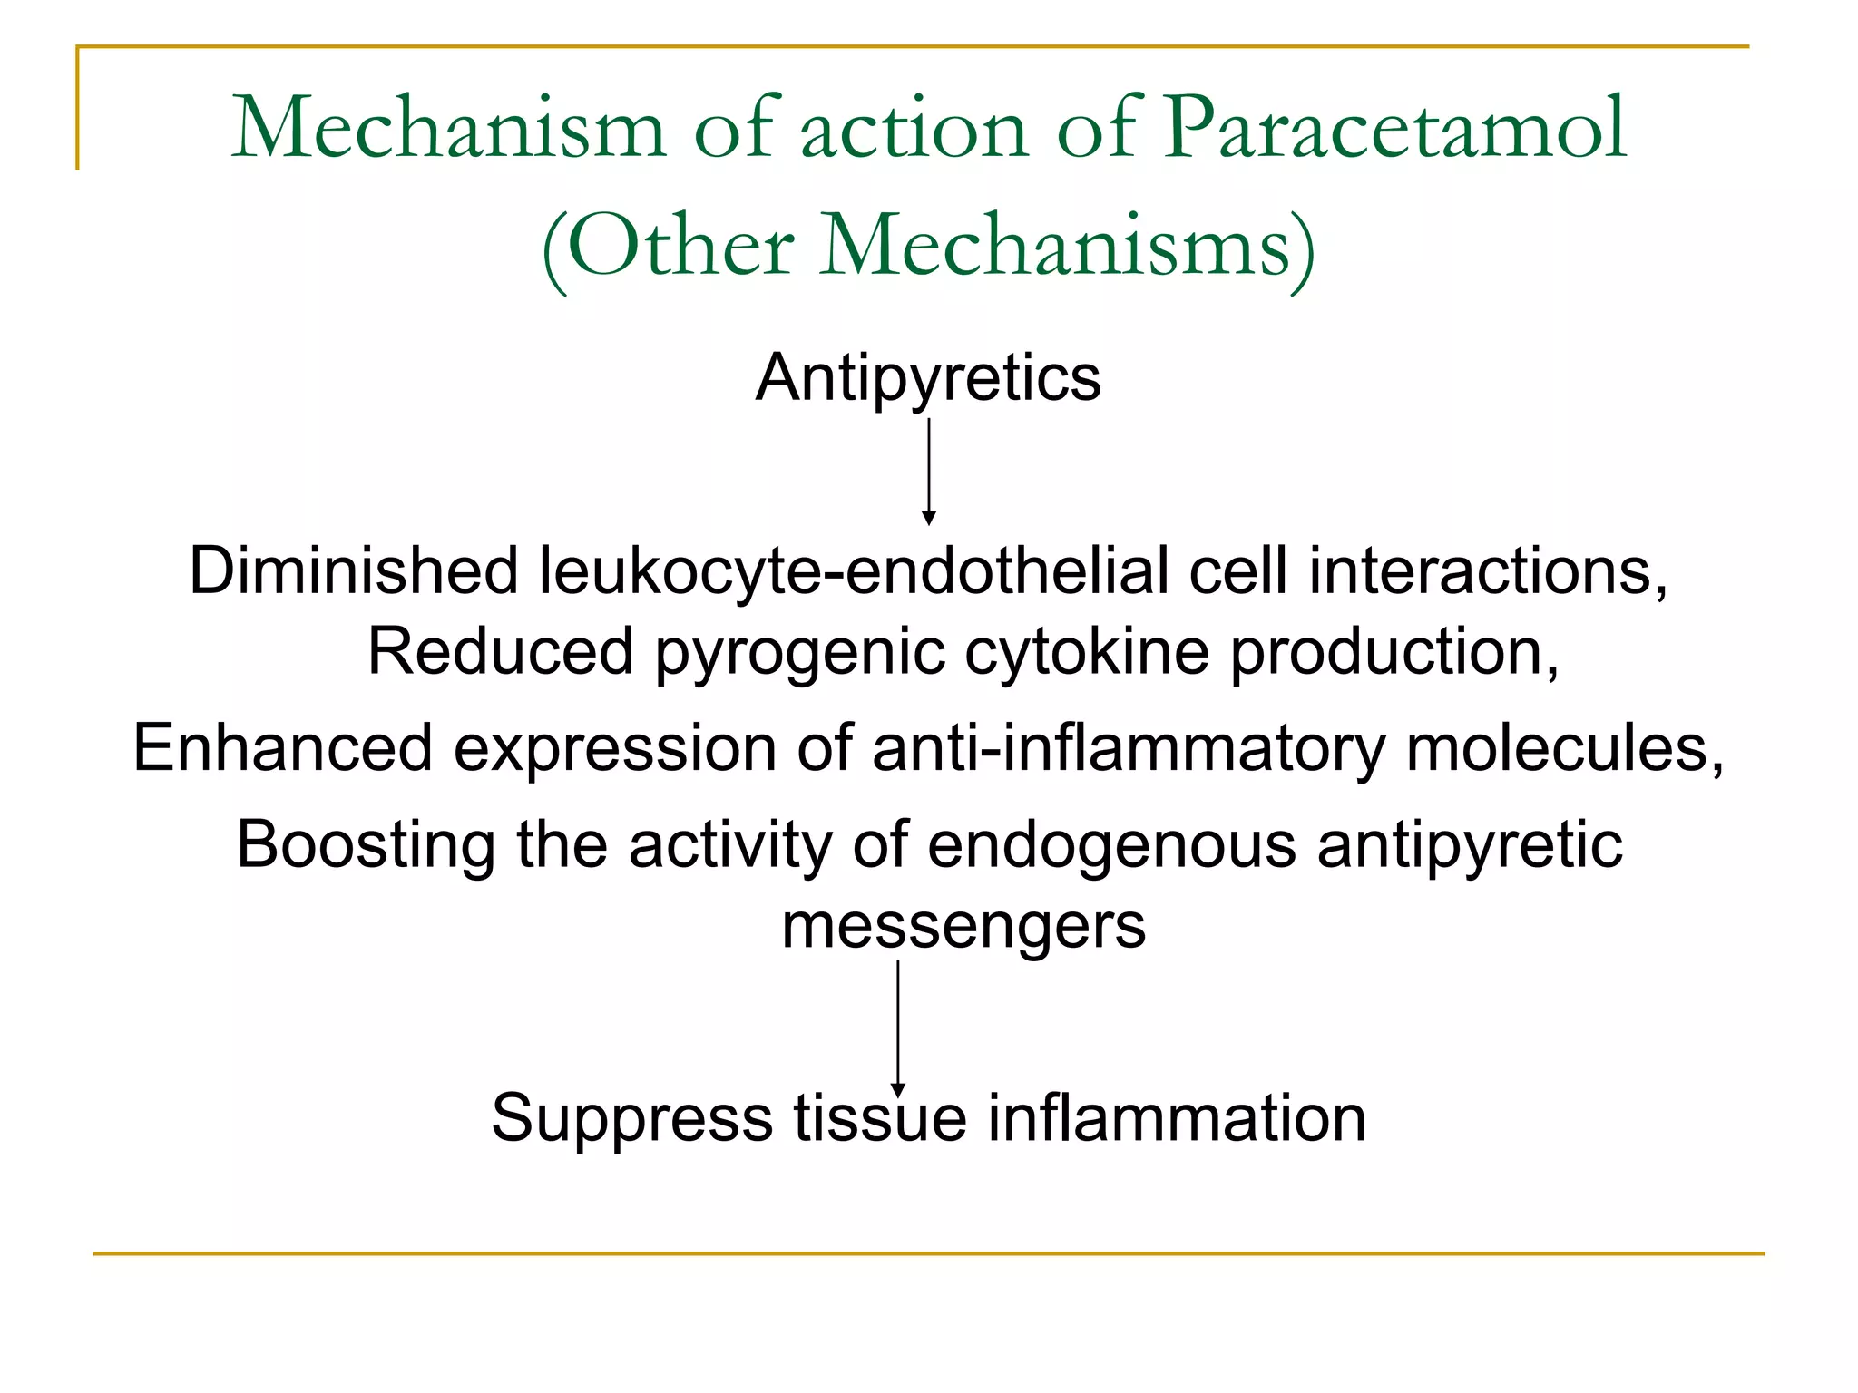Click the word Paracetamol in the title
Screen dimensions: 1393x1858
coord(1394,129)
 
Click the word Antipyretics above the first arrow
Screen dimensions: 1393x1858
coord(928,377)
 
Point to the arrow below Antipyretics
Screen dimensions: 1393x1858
coord(928,471)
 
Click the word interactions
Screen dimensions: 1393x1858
coord(1487,571)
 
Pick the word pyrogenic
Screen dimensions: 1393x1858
coord(799,652)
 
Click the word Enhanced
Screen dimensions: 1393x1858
coord(282,748)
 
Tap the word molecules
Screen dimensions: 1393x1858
coord(1563,748)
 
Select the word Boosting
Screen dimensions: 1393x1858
coord(366,845)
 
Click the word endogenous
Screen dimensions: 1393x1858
coord(1111,845)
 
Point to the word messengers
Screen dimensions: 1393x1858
coord(963,926)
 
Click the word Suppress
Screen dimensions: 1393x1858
coord(631,1117)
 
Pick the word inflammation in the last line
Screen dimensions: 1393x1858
coord(1176,1117)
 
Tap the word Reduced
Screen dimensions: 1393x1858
coord(500,652)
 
